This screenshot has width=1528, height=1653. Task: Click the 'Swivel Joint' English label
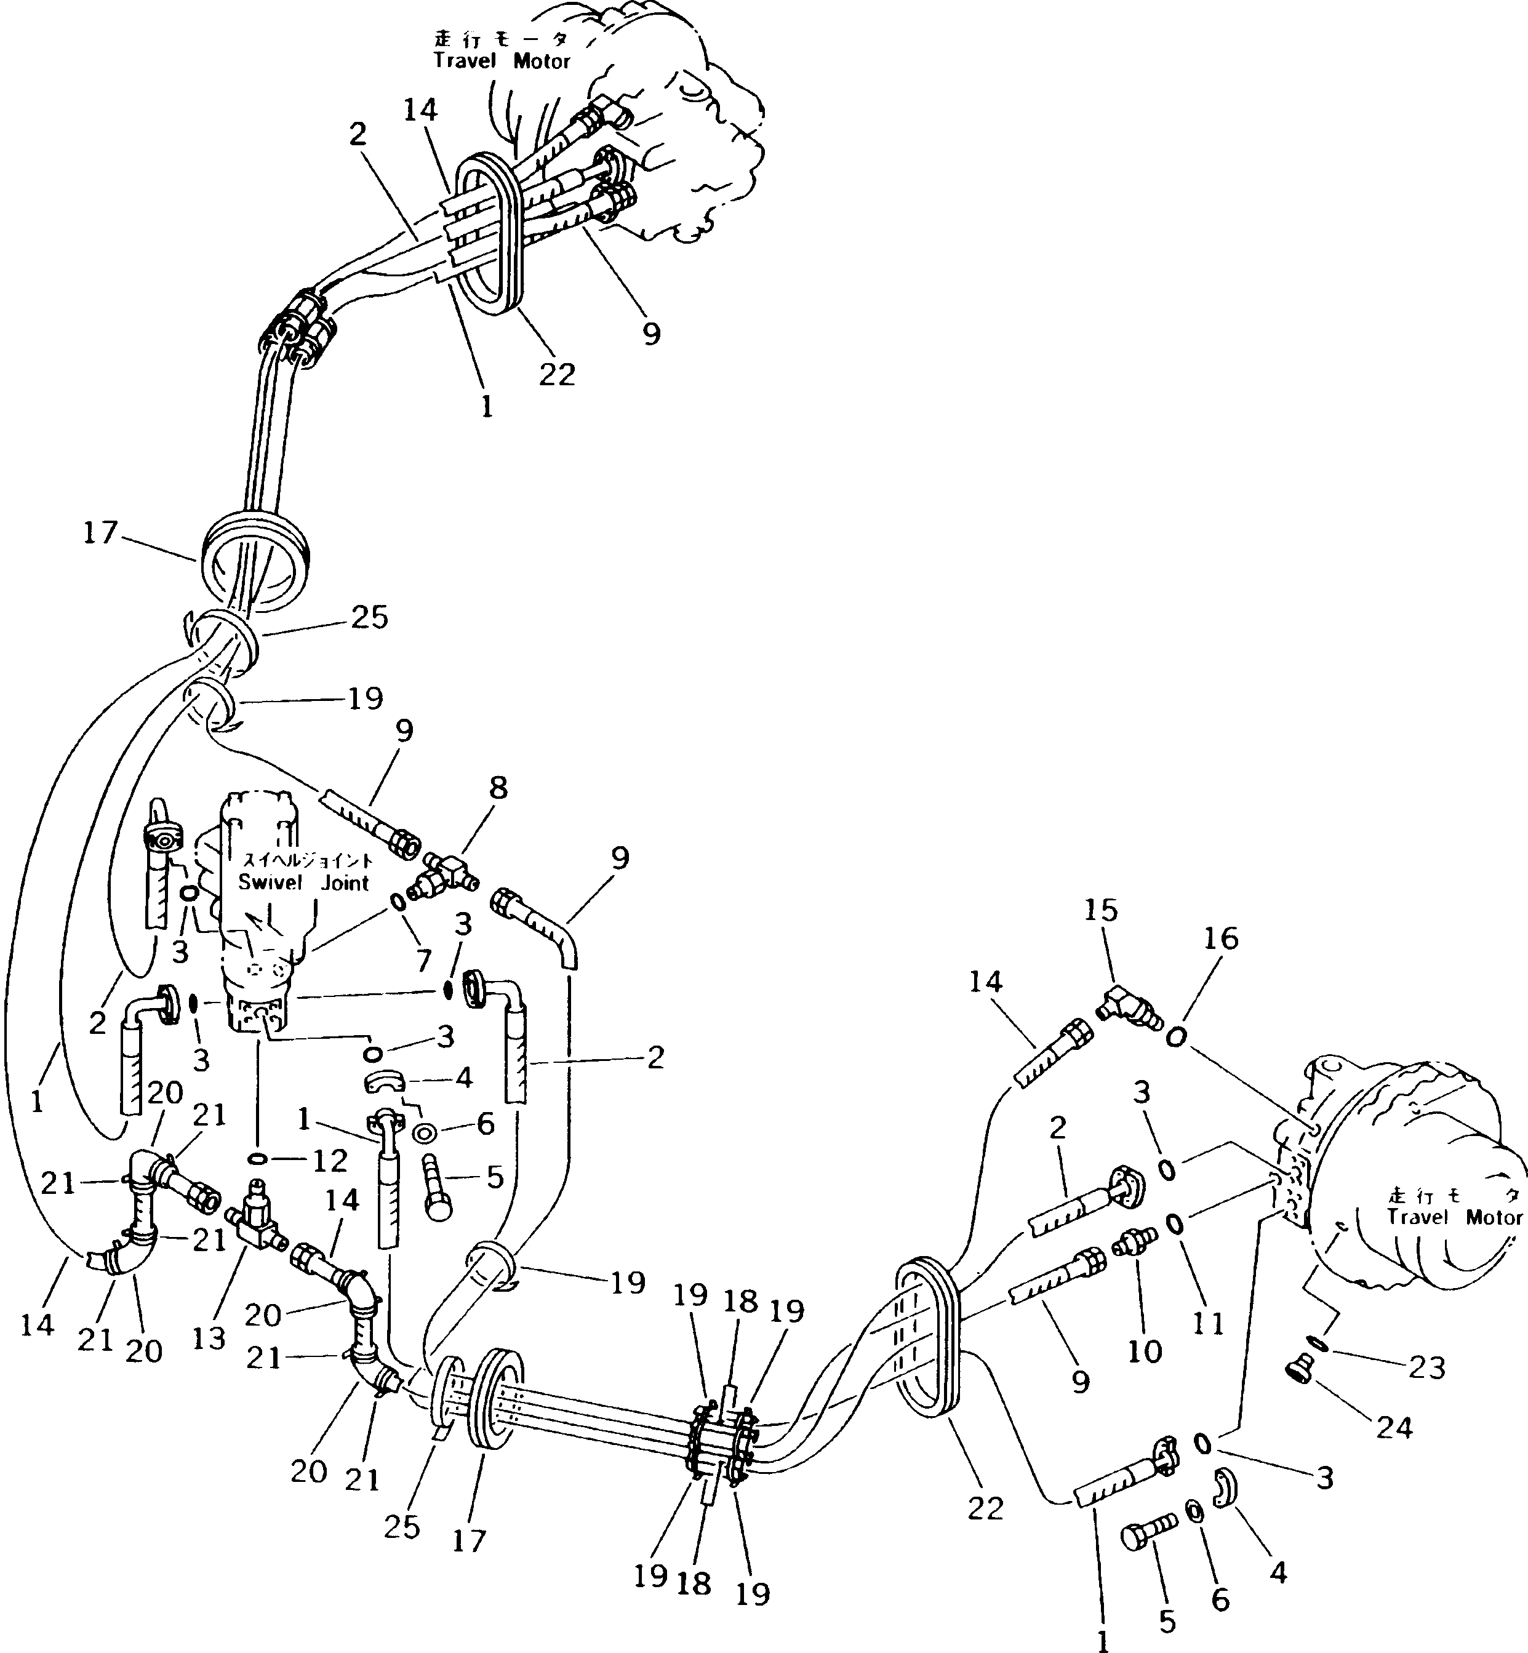coord(303,883)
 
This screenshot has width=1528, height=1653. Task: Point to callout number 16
coord(1222,939)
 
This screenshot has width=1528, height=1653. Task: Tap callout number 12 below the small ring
coord(329,1162)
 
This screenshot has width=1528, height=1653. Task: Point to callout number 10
coord(1145,1351)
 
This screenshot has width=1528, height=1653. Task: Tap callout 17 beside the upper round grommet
coord(100,532)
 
